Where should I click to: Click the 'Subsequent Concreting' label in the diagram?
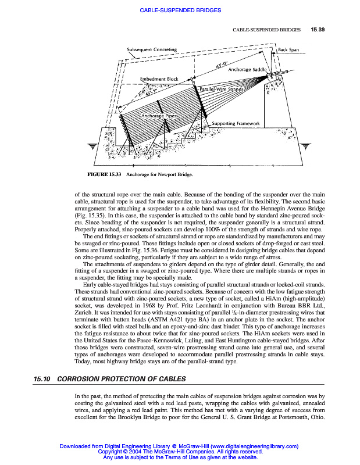152,50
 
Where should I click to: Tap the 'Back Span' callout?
288,50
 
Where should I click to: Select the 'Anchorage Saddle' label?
248,69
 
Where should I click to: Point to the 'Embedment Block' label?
159,78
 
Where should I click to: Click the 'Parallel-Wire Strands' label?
220,89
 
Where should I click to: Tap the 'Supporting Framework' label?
236,123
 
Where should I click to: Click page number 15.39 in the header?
318,29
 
